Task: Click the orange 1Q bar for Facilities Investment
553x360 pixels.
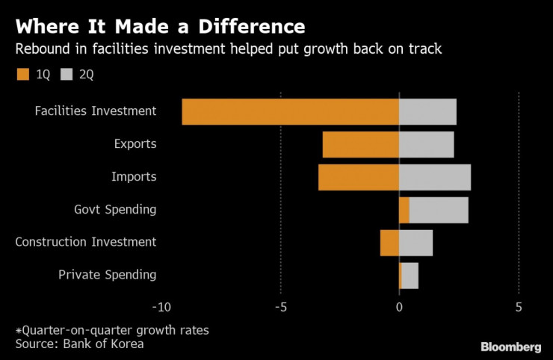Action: [x=290, y=112]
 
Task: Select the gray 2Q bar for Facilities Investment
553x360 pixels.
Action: [x=427, y=112]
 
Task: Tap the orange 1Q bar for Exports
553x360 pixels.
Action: [x=360, y=144]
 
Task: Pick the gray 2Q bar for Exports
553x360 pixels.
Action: [x=426, y=144]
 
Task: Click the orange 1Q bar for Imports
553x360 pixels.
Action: [x=358, y=177]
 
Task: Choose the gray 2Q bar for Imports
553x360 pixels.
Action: [x=435, y=177]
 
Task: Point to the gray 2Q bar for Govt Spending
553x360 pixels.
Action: [x=439, y=210]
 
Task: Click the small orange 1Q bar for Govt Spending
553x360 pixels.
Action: [x=404, y=210]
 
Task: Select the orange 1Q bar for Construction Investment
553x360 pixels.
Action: [x=389, y=243]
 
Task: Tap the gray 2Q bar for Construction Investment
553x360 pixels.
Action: [x=415, y=243]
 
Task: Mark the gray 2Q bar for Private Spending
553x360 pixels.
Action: [x=410, y=276]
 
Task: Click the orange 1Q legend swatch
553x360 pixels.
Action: [x=22, y=74]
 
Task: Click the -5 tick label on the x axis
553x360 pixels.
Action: [x=281, y=307]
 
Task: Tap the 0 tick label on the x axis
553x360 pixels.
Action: [x=399, y=307]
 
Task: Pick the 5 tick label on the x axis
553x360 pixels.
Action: [x=518, y=307]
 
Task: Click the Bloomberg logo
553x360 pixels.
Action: [x=510, y=347]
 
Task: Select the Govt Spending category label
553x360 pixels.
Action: [x=115, y=209]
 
